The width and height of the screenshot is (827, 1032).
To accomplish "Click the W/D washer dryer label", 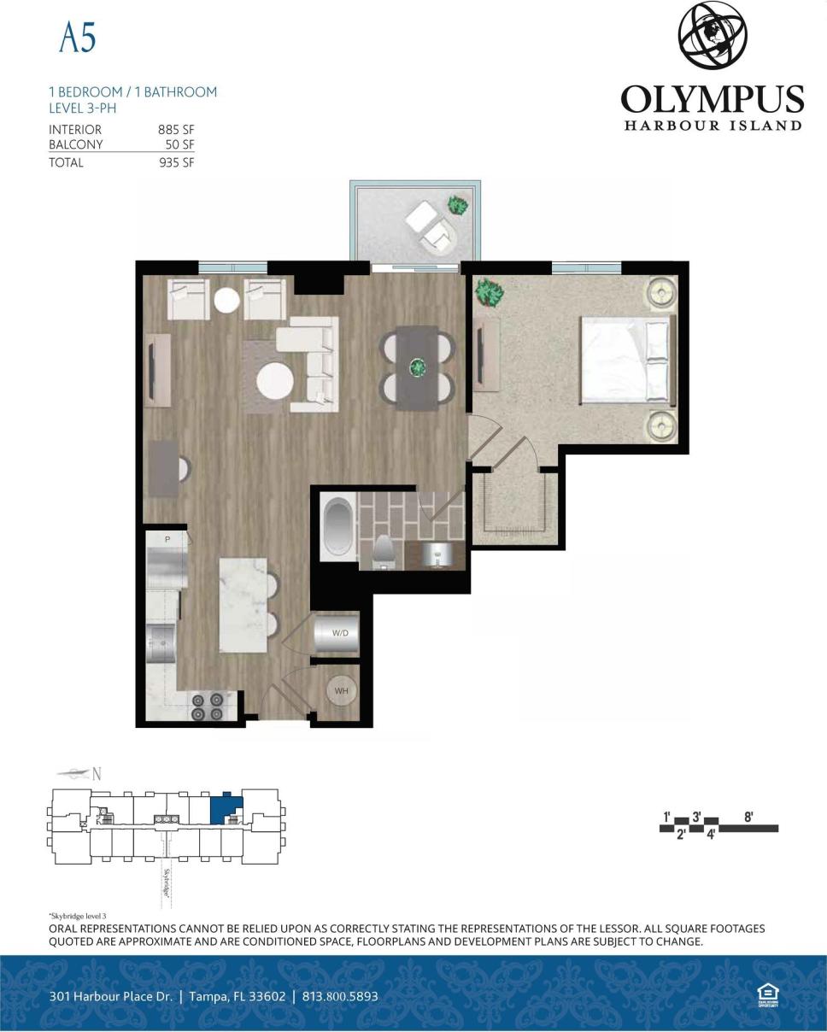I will click(340, 633).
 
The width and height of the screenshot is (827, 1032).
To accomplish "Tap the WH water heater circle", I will click(341, 691).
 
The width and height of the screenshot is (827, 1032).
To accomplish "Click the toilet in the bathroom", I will click(383, 550).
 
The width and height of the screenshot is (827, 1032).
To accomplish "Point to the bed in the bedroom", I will click(628, 360).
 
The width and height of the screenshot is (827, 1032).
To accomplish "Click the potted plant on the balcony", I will click(459, 205).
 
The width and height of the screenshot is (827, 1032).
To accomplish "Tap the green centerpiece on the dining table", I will click(417, 367).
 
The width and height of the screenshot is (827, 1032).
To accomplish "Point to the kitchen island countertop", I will click(243, 604).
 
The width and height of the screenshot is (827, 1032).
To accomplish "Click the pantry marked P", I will click(167, 540).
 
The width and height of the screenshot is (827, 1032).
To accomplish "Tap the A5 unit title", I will click(77, 37).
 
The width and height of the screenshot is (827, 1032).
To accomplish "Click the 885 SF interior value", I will click(176, 130).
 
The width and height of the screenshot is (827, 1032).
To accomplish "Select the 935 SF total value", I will click(176, 162).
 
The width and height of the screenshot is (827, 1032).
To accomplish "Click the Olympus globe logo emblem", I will click(713, 36).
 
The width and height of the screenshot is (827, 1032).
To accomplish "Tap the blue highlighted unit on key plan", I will click(225, 806).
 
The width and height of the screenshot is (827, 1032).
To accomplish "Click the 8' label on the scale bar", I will click(748, 817).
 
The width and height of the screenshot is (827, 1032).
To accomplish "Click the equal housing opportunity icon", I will click(767, 994).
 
